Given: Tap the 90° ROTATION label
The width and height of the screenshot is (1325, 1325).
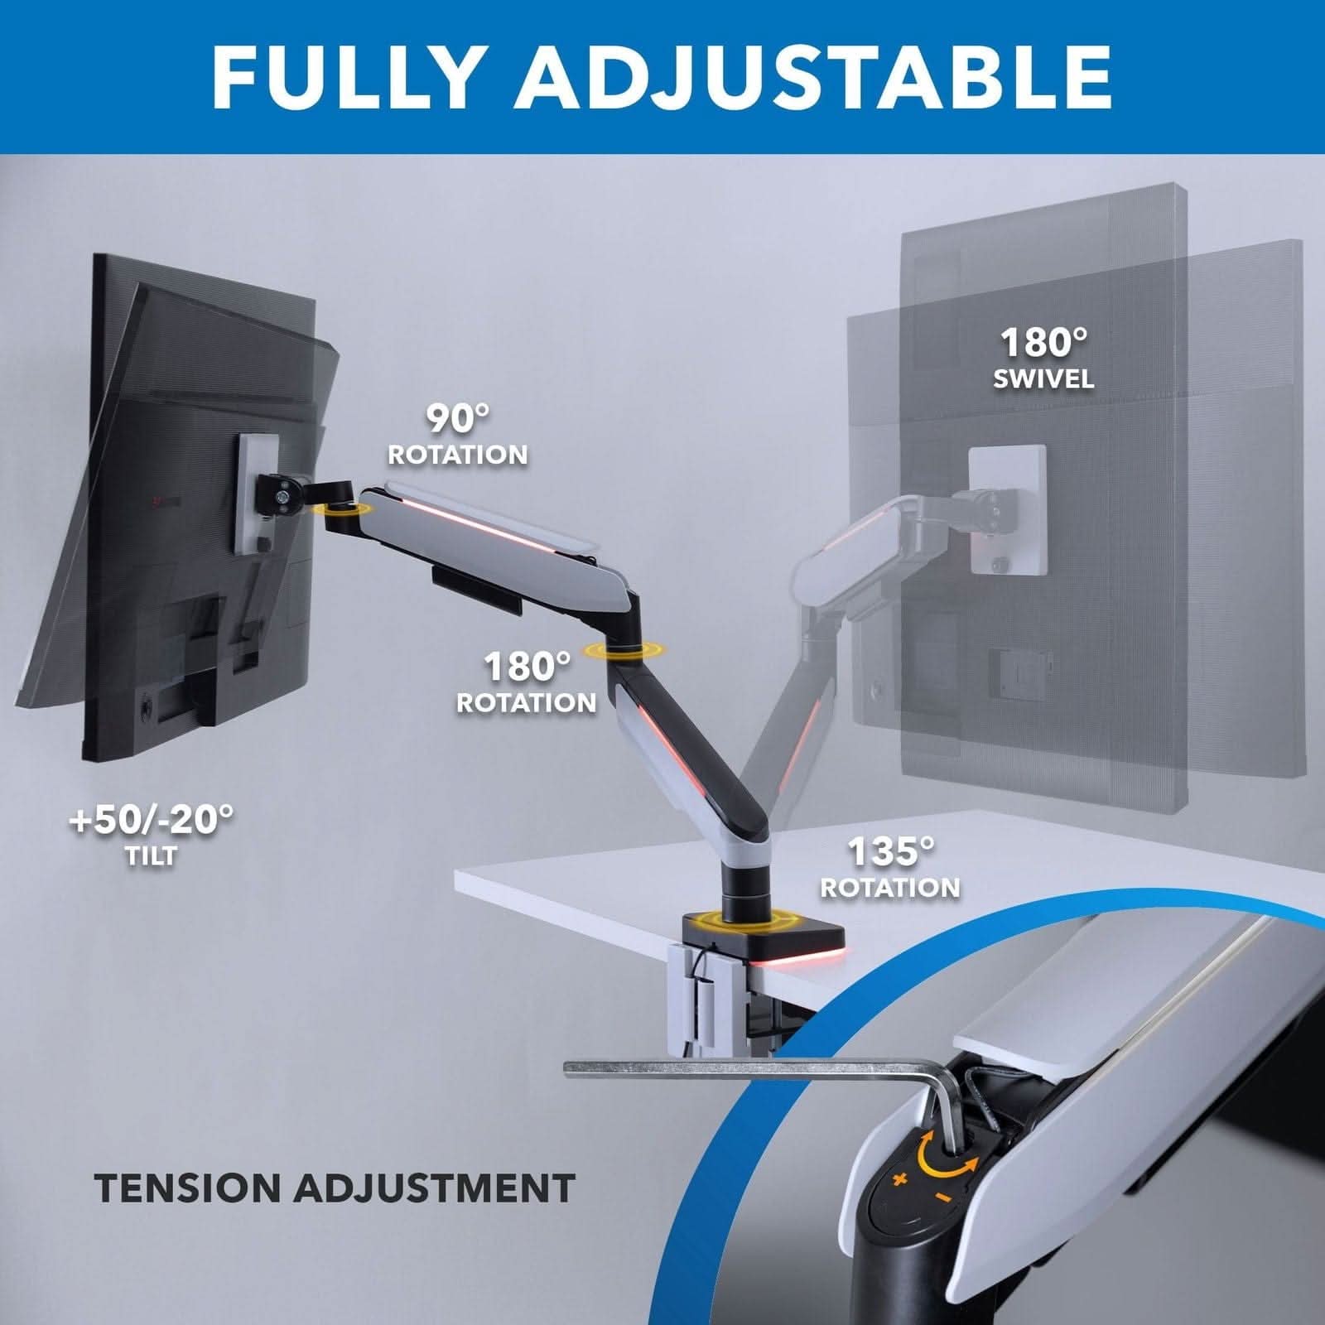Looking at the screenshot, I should pos(458,435).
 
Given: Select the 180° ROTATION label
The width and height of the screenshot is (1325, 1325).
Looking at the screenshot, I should pos(527,683).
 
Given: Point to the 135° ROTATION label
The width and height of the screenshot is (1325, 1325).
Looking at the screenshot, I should pos(890,868).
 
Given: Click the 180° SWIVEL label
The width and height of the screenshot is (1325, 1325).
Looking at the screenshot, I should pos(1043,358).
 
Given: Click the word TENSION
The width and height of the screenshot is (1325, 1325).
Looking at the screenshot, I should pos(189,1188).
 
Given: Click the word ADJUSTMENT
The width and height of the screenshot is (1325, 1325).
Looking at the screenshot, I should pos(435,1188).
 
